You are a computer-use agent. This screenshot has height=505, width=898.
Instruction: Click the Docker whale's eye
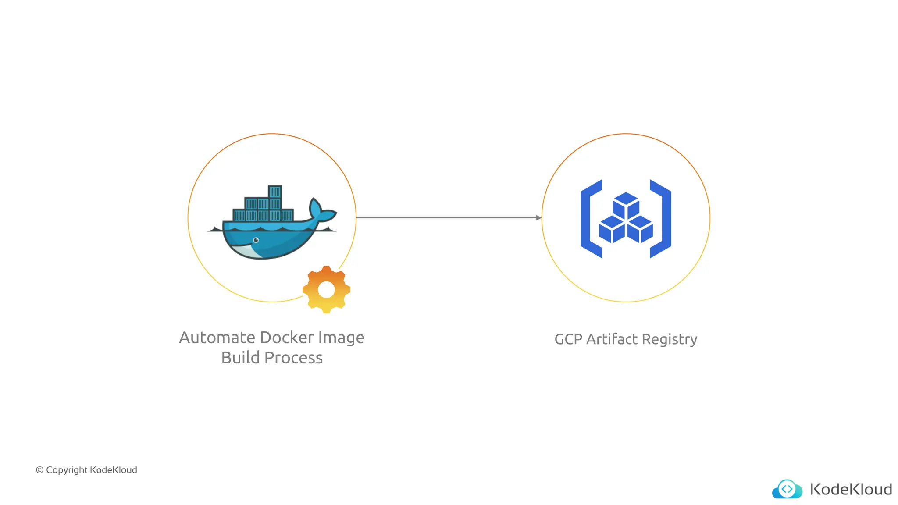coord(256,240)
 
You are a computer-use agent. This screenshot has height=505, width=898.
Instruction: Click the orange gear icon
coord(326,289)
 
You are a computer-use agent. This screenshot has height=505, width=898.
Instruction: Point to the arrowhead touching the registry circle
coord(539,218)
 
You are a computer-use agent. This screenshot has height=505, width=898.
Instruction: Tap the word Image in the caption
coord(341,338)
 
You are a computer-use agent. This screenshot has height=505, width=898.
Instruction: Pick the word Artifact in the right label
coord(612,339)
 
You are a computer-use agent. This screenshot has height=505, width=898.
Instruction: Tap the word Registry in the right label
coord(670,339)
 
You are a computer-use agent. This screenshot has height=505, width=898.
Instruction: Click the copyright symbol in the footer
coord(39,470)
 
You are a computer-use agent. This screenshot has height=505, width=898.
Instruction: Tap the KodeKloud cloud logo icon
coord(787,489)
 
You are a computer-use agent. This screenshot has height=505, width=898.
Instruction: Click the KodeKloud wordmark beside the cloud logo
coord(851,489)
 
